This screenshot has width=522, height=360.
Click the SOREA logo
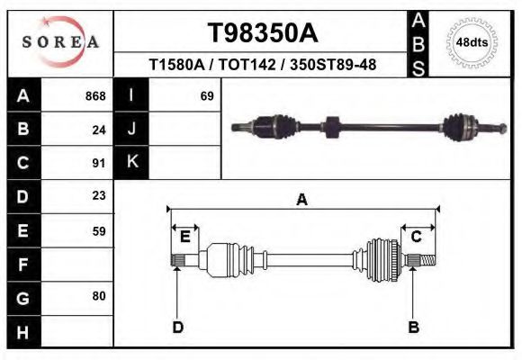(59, 43)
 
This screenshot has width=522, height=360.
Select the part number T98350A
(262, 32)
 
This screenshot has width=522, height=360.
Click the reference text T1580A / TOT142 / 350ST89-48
(262, 65)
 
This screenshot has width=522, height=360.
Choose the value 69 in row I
(206, 96)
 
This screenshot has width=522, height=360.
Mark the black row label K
(132, 163)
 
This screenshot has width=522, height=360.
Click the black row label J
(132, 130)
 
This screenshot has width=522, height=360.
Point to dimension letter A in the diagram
(302, 201)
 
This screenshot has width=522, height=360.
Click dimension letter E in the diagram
(184, 237)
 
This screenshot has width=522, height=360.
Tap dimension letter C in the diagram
(417, 237)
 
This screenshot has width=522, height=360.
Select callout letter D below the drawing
(177, 327)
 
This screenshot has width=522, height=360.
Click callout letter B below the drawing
(414, 327)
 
